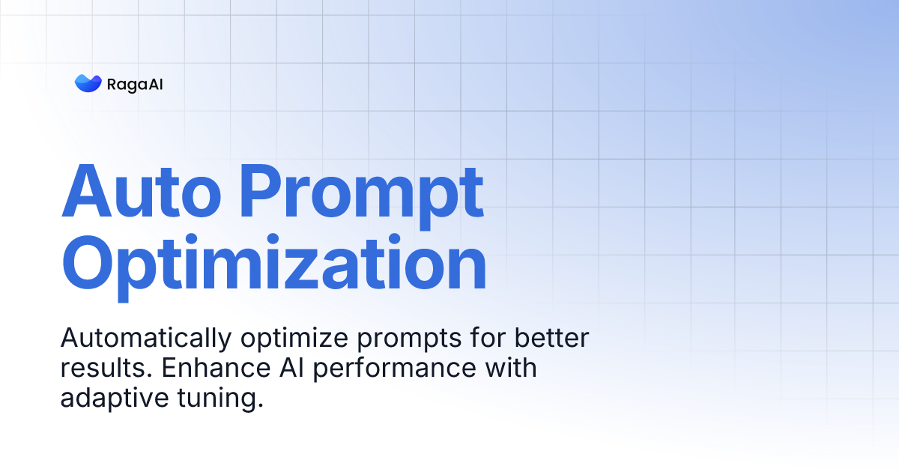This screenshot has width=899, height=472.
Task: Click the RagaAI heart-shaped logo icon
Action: click(88, 83)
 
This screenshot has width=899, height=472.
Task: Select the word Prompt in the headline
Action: click(361, 196)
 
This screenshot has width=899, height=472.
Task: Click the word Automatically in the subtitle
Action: click(146, 338)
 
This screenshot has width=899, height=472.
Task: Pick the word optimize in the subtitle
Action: click(294, 338)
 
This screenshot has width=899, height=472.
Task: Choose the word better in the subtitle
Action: click(551, 337)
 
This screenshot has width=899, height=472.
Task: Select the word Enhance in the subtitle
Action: click(217, 367)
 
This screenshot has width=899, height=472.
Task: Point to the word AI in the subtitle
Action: click(291, 367)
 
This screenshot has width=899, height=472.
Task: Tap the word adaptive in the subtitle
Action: click(115, 399)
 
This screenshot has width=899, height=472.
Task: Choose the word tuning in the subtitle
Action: click(220, 399)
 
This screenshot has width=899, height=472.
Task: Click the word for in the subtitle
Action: click(488, 337)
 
